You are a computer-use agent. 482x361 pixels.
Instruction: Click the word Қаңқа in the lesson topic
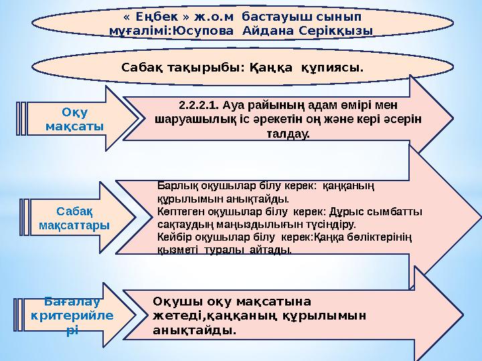tap(272, 68)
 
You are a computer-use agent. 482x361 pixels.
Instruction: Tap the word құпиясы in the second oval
tap(331, 68)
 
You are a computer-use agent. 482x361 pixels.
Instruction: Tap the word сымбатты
tap(400, 212)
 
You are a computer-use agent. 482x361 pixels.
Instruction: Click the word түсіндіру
tap(331, 225)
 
